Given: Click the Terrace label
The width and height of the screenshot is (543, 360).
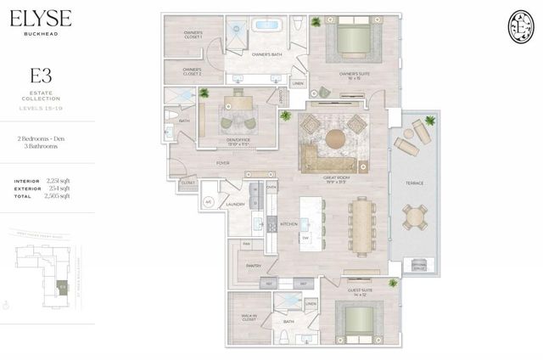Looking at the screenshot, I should pos(415,183).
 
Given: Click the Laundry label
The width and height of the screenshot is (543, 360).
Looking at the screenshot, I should pos(236,205).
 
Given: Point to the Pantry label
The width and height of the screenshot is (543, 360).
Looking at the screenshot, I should pos(253,265).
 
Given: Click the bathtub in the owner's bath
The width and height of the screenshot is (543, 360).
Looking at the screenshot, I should pos(267,25).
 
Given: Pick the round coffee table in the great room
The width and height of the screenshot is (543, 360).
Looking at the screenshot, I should pos(335,137).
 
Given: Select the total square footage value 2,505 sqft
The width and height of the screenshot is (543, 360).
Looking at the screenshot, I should pos(59,195).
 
